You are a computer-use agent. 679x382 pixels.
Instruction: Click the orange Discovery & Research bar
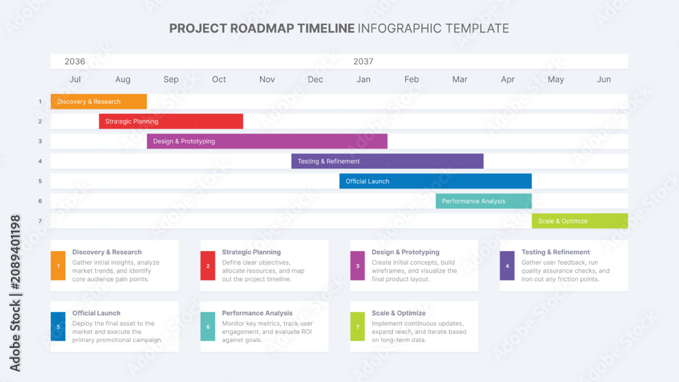coord(98,101)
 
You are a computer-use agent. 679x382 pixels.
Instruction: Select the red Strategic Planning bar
coord(170,121)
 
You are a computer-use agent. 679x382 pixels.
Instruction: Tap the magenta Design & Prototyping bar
coord(267,141)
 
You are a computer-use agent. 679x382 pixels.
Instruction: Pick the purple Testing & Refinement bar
coord(387,161)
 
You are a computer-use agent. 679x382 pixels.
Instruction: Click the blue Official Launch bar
coord(435,181)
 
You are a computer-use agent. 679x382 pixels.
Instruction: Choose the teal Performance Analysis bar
coord(483,201)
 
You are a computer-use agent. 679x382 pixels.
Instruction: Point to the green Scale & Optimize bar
coord(580,221)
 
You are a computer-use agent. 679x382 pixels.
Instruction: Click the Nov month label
coord(267,79)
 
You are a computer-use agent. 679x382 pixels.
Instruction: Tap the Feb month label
coord(411,79)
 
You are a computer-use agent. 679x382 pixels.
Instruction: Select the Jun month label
coord(604,79)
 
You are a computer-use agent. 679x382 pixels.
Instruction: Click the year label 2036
coord(75,62)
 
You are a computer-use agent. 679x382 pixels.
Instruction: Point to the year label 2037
coord(363,62)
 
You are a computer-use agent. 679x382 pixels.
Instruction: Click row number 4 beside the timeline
coord(40,161)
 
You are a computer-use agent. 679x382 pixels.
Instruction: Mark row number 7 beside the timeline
coord(40,221)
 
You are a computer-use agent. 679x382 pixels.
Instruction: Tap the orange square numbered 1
coord(58,265)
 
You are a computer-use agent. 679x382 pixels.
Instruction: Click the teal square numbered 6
coord(208,326)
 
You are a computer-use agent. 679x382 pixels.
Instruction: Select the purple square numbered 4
coord(507,265)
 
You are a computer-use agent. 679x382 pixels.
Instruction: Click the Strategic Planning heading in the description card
coord(251,252)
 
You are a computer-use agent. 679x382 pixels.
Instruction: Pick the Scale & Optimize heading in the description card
coord(399,313)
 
